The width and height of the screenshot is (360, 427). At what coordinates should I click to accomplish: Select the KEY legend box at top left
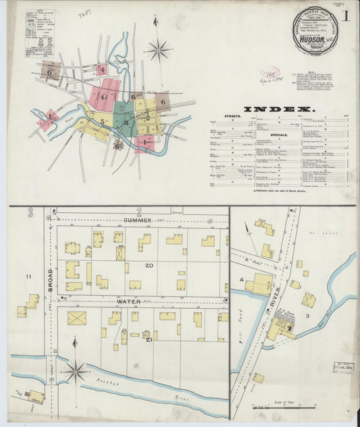[40, 32]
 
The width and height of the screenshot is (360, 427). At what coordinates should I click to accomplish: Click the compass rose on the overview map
[159, 49]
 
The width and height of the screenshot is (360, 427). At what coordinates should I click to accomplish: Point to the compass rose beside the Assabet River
[75, 371]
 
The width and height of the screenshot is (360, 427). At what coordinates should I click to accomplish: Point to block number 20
[148, 266]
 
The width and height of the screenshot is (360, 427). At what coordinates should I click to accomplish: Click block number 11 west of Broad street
[29, 277]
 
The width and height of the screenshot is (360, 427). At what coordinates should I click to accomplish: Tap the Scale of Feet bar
[284, 407]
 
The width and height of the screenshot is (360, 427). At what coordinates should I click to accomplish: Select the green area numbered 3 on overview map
[125, 122]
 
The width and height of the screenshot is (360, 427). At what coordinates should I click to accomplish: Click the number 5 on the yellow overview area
[103, 122]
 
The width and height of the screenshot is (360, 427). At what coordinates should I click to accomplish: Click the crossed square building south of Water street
[77, 318]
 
